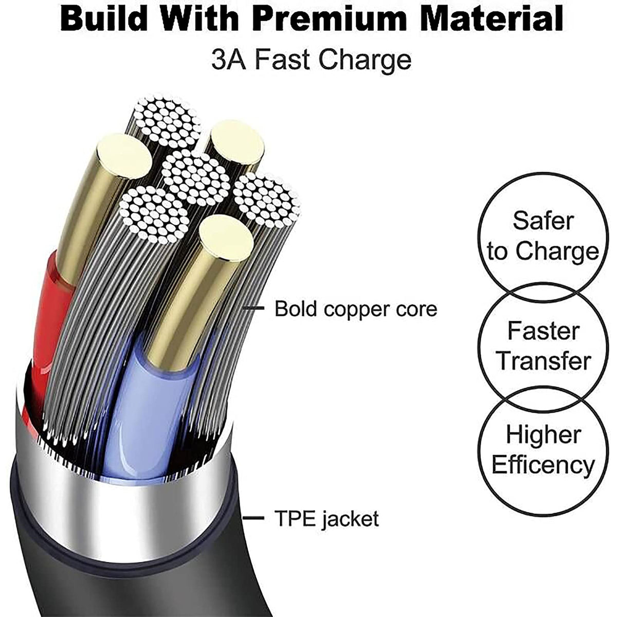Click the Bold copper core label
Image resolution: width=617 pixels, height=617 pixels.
point(356,310)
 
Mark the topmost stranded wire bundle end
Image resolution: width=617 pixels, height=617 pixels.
point(166,121)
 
